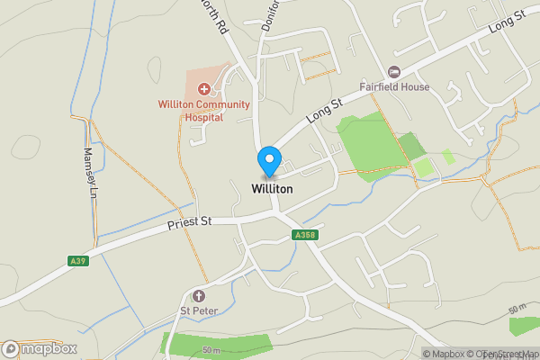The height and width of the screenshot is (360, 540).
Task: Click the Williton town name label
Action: click(x=273, y=190)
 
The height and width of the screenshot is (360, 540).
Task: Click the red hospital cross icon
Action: click(x=204, y=89)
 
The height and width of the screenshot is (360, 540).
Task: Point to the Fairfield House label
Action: click(x=394, y=87)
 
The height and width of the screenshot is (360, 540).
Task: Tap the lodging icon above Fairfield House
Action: click(x=393, y=71)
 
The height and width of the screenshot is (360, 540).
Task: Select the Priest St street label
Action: click(x=188, y=221)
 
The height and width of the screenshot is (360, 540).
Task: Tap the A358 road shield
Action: click(x=306, y=235)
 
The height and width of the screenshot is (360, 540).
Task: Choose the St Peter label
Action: click(x=199, y=311)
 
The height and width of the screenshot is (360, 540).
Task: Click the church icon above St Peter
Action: click(x=199, y=296)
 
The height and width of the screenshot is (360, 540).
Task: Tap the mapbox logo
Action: click(x=40, y=348)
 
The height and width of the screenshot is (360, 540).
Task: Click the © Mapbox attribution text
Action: click(x=442, y=354)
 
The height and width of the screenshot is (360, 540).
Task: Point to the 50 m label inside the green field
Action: click(x=211, y=349)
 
